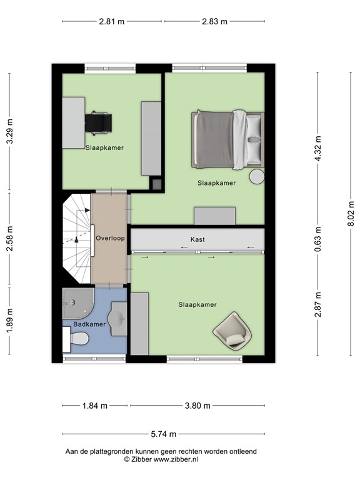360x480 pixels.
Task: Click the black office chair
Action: click(98, 124)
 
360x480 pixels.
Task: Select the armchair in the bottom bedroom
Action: click(232, 331)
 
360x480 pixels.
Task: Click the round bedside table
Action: click(256, 177)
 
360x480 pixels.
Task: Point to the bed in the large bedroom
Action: click(227, 140)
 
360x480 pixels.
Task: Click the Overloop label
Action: click(110, 238)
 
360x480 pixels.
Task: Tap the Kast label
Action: click(197, 239)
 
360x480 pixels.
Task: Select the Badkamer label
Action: click(89, 324)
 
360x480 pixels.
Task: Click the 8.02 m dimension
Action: click(351, 213)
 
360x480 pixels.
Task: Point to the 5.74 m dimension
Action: click(164, 434)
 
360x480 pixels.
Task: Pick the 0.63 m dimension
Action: click(317, 239)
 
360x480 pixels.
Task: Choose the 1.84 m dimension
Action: click(94, 406)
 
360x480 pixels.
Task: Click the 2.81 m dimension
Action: click(112, 21)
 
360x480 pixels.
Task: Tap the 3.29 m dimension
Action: click(10, 131)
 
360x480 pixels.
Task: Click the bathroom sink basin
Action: click(117, 319)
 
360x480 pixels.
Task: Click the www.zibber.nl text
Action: click(176, 459)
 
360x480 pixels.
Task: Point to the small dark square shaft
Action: click(157, 184)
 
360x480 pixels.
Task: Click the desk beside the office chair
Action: click(74, 122)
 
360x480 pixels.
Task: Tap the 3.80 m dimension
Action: click(197, 406)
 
